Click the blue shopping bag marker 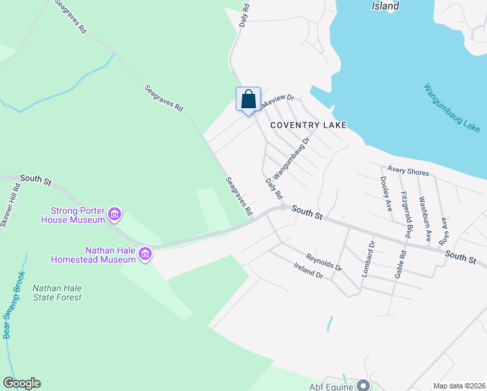pos(248,100)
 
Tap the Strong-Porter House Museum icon pos(115,214)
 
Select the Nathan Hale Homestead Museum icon pos(145,254)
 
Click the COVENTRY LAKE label pos(299,124)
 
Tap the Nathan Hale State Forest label pos(57,293)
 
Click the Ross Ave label pos(444,231)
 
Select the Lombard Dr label pos(369,258)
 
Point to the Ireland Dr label pos(308,271)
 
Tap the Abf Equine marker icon pos(363,384)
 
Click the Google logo pos(21,383)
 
